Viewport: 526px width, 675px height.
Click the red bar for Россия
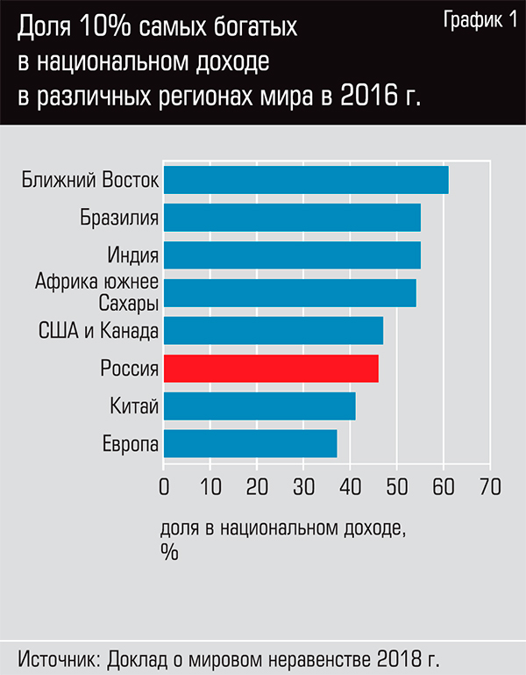point(271,368)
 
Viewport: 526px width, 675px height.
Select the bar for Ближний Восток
point(306,180)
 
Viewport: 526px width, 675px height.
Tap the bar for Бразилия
point(292,218)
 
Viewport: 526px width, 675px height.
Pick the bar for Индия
point(292,255)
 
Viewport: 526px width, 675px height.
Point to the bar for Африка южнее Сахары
point(289,292)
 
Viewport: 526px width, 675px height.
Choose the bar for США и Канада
point(274,330)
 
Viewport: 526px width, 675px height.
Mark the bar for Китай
point(259,406)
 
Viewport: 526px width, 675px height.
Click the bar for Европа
point(250,443)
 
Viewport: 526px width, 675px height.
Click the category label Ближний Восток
point(90,181)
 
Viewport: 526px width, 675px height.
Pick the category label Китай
point(134,406)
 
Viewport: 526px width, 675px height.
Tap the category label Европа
point(130,444)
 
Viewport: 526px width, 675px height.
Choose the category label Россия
point(129,369)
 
